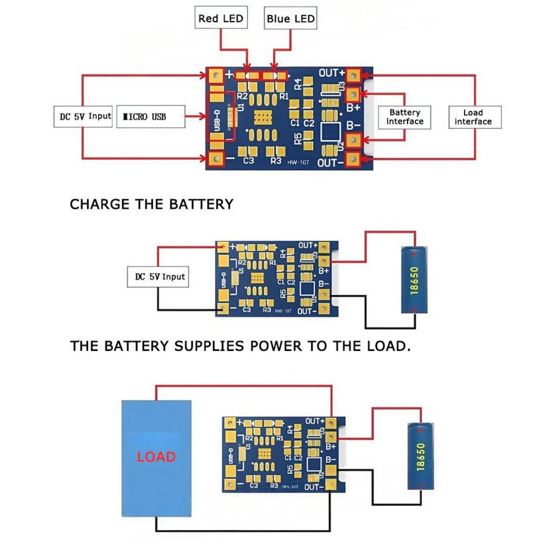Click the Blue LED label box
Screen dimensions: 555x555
point(291,18)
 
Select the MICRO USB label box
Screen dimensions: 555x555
point(150,117)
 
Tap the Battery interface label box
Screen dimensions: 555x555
point(404,117)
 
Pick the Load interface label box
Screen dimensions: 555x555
point(473,117)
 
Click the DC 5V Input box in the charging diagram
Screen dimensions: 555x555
point(160,276)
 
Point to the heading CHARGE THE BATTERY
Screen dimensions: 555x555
point(152,204)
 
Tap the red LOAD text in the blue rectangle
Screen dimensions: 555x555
point(156,456)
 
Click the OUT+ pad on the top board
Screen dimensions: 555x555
point(353,75)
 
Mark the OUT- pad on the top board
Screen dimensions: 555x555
point(353,158)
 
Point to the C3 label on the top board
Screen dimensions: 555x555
point(249,161)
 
